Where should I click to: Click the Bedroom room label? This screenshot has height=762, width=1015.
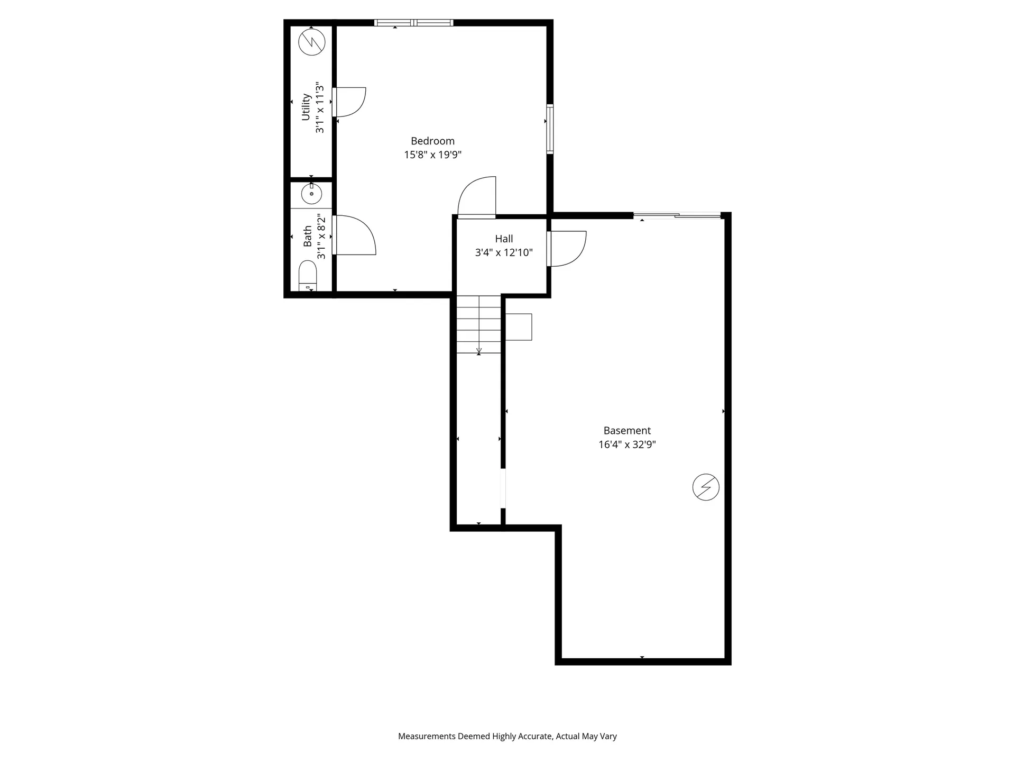click(x=432, y=141)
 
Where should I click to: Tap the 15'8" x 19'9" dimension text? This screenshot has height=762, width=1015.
click(x=432, y=155)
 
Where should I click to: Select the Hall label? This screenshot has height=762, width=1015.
click(x=504, y=239)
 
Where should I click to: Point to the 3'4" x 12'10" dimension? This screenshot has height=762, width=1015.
click(x=504, y=253)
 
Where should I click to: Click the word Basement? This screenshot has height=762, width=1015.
click(x=627, y=431)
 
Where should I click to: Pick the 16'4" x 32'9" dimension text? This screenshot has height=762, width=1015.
click(x=627, y=444)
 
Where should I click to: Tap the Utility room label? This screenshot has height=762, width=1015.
click(x=306, y=107)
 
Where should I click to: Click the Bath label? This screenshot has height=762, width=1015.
click(x=308, y=237)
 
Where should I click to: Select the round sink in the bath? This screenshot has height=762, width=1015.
click(x=311, y=194)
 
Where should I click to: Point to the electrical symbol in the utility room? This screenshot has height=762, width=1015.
click(x=311, y=42)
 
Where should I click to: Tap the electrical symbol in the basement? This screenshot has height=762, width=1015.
click(x=706, y=487)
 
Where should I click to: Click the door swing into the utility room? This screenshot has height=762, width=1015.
click(x=350, y=102)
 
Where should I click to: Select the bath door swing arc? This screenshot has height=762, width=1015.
click(x=355, y=235)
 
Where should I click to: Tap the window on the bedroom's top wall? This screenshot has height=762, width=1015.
click(x=414, y=23)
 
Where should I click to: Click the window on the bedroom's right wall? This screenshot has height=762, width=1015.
click(x=550, y=129)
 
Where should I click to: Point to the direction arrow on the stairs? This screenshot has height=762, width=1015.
click(x=479, y=350)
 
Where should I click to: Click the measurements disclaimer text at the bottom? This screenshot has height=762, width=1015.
click(x=507, y=736)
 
